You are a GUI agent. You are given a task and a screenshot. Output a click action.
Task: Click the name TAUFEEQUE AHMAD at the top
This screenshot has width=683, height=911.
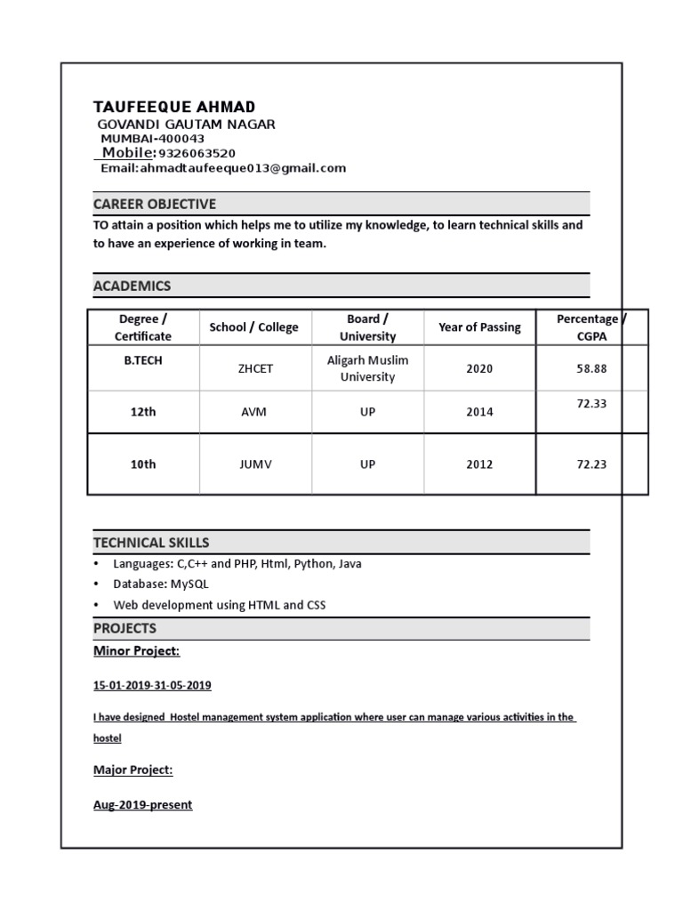(173, 108)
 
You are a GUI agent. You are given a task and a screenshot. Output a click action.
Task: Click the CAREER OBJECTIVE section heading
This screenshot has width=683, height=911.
(155, 205)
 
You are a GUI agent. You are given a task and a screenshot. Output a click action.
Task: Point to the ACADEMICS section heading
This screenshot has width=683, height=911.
(133, 286)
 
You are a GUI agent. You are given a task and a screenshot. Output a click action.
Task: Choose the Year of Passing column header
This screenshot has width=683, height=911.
(479, 327)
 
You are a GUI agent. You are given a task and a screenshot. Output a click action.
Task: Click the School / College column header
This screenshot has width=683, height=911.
(253, 327)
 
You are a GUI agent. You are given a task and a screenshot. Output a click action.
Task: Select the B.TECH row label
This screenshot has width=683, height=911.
(143, 359)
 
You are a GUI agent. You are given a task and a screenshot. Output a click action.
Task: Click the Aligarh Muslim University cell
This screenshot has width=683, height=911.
(367, 368)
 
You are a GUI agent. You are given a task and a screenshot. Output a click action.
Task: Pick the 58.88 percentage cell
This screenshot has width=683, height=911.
(591, 368)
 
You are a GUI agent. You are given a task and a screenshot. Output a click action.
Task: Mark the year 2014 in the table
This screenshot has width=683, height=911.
(479, 412)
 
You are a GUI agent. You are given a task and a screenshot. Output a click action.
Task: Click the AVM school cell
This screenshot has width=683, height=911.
(253, 412)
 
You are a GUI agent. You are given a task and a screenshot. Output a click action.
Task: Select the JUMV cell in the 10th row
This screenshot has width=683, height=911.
(253, 464)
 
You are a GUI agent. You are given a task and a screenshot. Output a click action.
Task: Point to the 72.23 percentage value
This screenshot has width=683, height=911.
(591, 464)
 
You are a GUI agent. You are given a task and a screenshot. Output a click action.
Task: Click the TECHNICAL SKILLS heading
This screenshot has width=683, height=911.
(151, 543)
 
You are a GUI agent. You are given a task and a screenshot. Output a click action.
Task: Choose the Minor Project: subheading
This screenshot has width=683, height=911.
(136, 651)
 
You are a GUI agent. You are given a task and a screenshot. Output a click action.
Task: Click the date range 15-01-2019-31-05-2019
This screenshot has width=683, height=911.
(152, 686)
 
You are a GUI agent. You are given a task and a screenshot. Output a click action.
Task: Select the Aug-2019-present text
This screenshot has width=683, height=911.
(142, 805)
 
